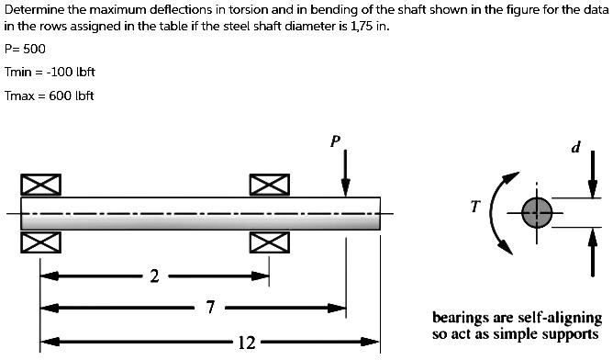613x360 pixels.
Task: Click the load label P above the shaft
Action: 336,141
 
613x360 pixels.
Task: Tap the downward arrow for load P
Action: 345,174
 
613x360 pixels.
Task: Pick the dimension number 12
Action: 246,343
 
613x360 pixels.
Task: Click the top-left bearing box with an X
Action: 40,185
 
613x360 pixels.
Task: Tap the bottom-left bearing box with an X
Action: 40,242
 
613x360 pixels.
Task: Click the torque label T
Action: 474,207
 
